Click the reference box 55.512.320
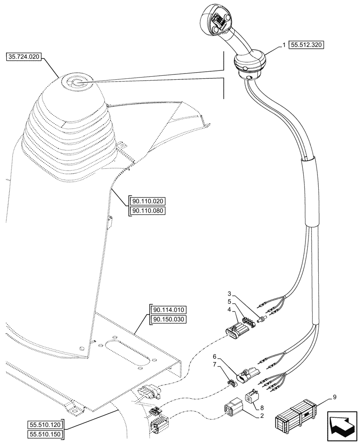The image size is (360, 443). pos(306,45)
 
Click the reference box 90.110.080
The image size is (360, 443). pos(147,211)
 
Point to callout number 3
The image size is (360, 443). pos(229,294)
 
